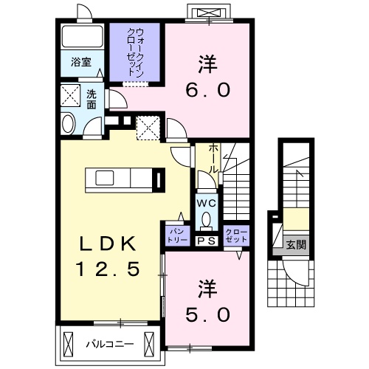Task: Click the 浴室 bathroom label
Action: click(x=81, y=62)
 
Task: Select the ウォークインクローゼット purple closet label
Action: click(x=135, y=52)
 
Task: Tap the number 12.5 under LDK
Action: click(x=107, y=269)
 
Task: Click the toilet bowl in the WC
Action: click(x=206, y=218)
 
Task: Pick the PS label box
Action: click(x=206, y=238)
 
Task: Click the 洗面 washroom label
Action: click(x=92, y=98)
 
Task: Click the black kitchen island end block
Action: click(x=159, y=179)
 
